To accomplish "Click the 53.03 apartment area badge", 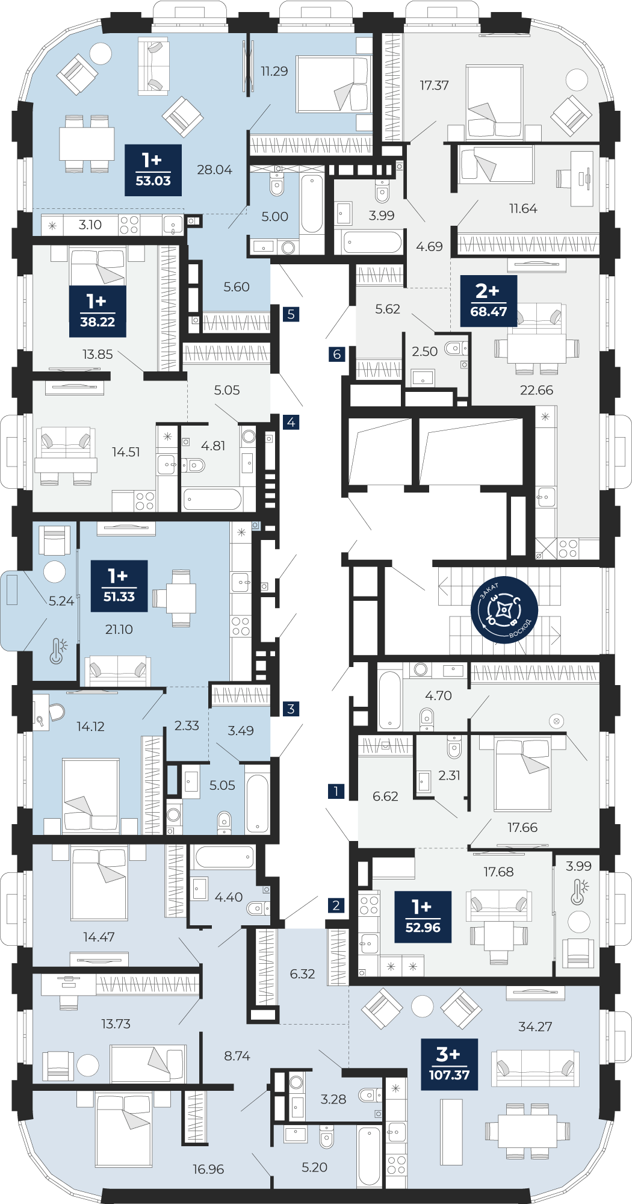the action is coord(153,170).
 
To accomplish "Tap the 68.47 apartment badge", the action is coord(489,301).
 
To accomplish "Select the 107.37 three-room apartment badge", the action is coord(450,1064).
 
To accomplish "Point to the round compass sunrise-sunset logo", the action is coord(504,610).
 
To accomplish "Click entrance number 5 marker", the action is coord(291,314).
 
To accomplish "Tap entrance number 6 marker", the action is coord(337,354).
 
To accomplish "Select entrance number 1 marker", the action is coord(336,791).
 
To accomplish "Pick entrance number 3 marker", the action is coord(291,709).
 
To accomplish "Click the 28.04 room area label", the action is coord(214,170).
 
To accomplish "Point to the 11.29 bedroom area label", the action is coord(274,71).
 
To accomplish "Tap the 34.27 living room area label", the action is coord(535,1026).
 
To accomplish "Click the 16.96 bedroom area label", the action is coord(208,1169).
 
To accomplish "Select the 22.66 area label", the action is coord(536,390).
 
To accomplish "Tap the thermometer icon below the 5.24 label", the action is coord(58,651).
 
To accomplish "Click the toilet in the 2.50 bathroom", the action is coord(453,348).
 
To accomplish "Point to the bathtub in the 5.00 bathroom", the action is coord(312,204).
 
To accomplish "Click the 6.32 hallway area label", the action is coord(302,973).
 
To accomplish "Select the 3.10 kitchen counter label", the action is coord(90,225).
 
